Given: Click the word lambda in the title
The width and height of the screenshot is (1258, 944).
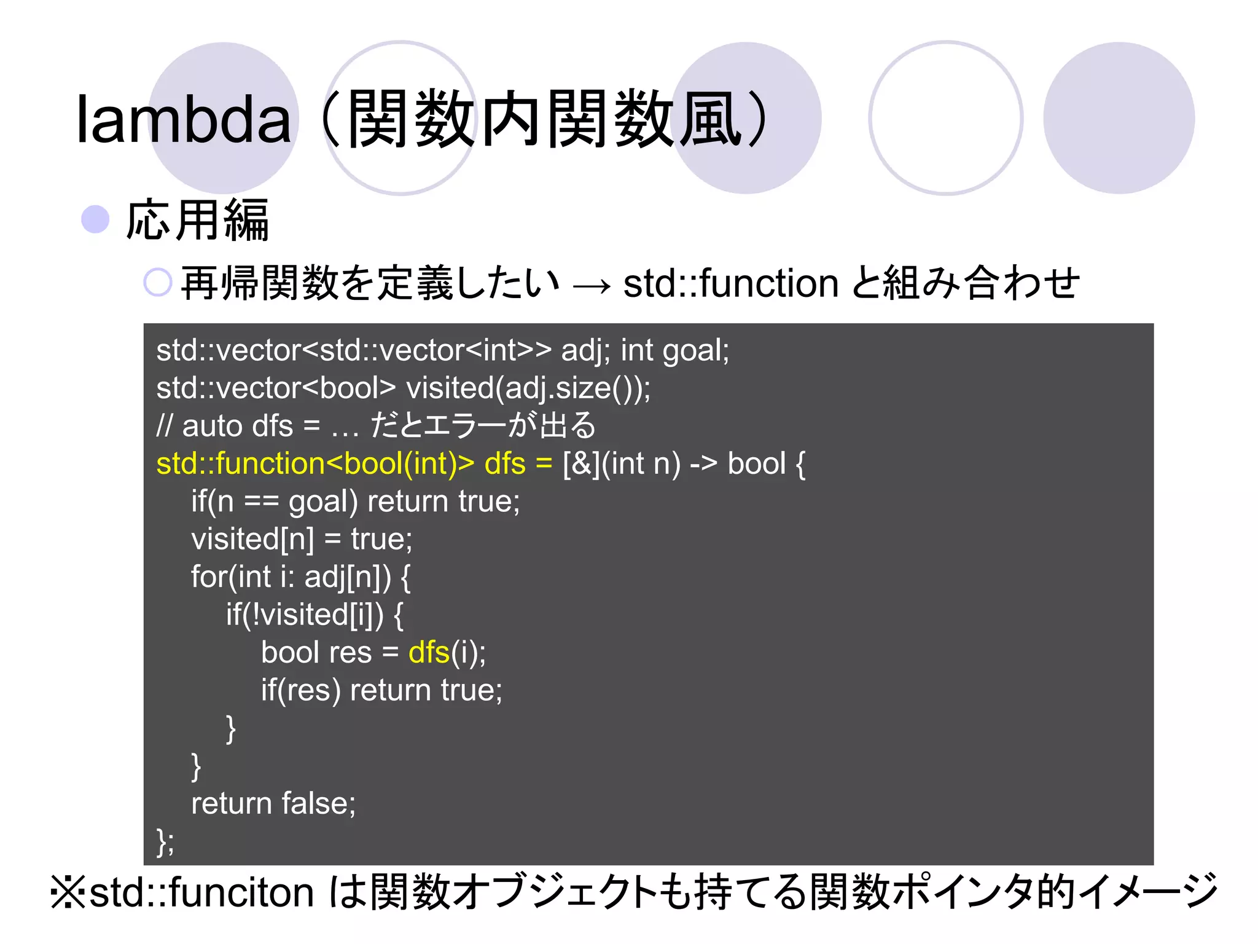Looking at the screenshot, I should (183, 119).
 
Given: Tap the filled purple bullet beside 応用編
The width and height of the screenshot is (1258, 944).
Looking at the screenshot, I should (95, 219).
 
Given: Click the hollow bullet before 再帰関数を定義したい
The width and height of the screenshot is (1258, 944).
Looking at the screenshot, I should (157, 283).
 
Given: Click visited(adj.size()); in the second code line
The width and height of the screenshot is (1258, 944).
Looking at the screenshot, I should (528, 388).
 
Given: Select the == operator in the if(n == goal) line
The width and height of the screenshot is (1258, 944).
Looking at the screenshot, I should (262, 502).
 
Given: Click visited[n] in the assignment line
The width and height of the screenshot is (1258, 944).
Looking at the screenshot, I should (252, 540).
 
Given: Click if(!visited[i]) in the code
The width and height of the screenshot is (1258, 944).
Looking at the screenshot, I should (305, 615).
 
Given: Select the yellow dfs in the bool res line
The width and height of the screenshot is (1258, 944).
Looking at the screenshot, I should (429, 653).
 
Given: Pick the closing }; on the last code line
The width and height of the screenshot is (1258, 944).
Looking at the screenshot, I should (165, 841).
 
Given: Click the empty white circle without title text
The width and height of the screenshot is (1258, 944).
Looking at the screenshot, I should (945, 118).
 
